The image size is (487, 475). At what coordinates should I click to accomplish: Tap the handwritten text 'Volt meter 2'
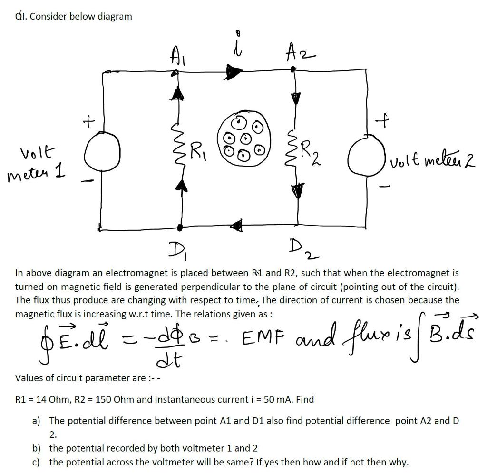pyautogui.click(x=429, y=162)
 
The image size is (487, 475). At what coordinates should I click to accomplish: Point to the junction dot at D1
pyautogui.click(x=179, y=227)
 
